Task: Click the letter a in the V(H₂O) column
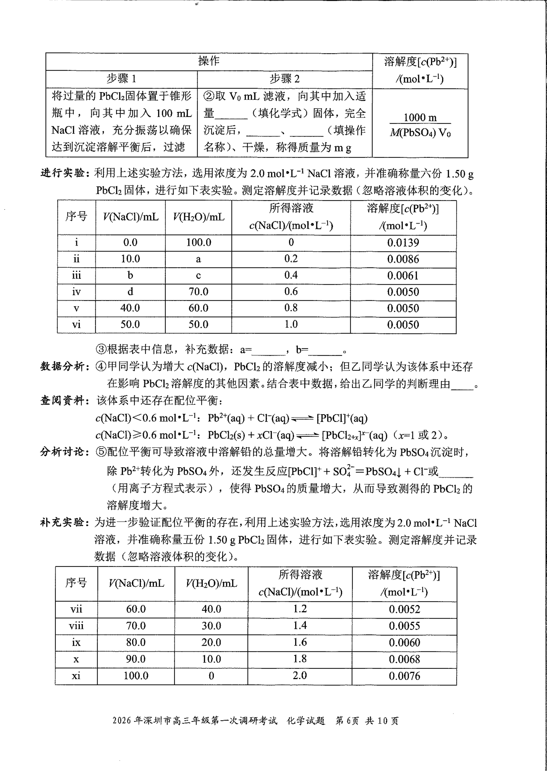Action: pyautogui.click(x=198, y=259)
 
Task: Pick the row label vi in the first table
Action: pyautogui.click(x=77, y=324)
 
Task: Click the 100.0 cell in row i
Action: pyautogui.click(x=198, y=243)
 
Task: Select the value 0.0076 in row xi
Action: pyautogui.click(x=404, y=676)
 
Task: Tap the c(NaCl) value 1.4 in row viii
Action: pyautogui.click(x=300, y=626)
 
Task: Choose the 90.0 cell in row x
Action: pyautogui.click(x=136, y=659)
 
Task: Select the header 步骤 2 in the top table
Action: pyautogui.click(x=284, y=79)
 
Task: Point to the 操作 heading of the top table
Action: pyautogui.click(x=209, y=61)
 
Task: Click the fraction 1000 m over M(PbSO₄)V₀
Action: pyautogui.click(x=420, y=125)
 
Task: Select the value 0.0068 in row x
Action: pyautogui.click(x=404, y=659)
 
